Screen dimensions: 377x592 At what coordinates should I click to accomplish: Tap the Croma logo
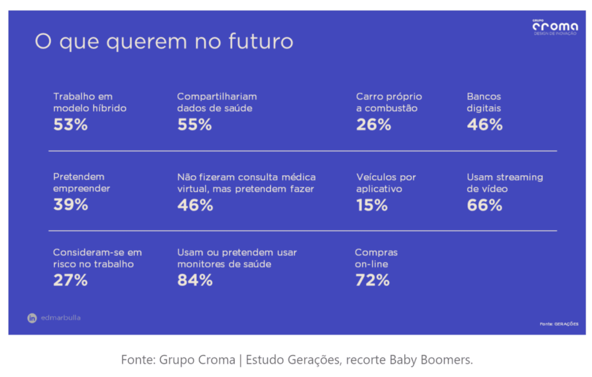pos(554,26)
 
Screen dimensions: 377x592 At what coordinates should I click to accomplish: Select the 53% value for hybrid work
pos(71,124)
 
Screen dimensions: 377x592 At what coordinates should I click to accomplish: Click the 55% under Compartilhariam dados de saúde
pos(194,124)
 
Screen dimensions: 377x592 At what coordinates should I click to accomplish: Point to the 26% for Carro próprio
pos(373,124)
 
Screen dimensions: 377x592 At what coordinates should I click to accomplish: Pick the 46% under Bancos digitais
pos(484,124)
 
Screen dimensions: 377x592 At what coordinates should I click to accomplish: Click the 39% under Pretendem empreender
pos(71,205)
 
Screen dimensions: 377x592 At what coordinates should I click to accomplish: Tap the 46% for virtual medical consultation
pos(195,205)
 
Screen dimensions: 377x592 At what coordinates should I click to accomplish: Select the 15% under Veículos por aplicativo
pos(372,205)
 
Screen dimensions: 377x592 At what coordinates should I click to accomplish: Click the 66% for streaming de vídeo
pos(484,205)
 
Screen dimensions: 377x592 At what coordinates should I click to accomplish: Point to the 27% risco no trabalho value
pos(71,280)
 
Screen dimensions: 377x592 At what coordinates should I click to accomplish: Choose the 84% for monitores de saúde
pos(195,280)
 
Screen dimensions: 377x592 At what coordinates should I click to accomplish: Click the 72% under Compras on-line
pos(372,280)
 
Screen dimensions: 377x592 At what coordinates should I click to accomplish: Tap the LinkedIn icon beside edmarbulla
pos(32,318)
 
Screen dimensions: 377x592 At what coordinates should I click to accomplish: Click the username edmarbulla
pos(61,318)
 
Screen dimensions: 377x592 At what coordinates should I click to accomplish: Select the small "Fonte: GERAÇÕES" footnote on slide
pos(558,324)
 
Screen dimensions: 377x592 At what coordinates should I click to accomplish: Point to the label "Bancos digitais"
pos(484,102)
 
